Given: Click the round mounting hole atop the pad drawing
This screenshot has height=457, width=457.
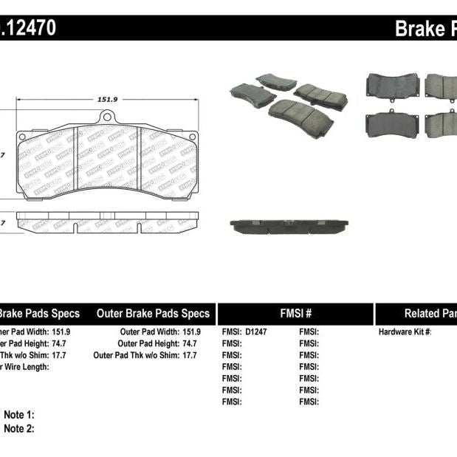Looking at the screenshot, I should pos(107,117).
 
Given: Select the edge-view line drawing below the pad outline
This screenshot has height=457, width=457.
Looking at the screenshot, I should pos(107,222).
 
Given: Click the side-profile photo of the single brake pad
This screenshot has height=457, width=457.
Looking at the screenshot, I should pos(289,226).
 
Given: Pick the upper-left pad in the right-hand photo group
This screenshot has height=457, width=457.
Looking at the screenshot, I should pos(392,86).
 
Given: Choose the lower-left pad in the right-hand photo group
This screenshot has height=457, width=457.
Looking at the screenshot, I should pos(392,123).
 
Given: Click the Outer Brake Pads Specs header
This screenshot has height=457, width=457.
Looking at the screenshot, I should pos(153,313).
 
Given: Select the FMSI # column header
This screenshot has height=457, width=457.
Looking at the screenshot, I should pos(294,313).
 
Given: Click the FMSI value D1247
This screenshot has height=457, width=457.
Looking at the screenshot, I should pos(256,332).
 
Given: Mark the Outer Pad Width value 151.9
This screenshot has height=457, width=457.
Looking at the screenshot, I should pos(191,332).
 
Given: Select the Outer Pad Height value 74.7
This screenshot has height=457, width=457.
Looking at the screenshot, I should pos(191,344).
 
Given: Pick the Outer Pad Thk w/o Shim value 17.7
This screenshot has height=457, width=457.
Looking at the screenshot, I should pos(189,355).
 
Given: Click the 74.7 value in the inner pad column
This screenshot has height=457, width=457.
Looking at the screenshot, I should pos(61,344).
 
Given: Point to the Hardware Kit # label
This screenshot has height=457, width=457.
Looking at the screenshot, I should pos(405,332).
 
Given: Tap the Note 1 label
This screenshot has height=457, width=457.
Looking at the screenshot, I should pos(19,415).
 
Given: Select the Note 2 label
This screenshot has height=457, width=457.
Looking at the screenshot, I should pos(19,428).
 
